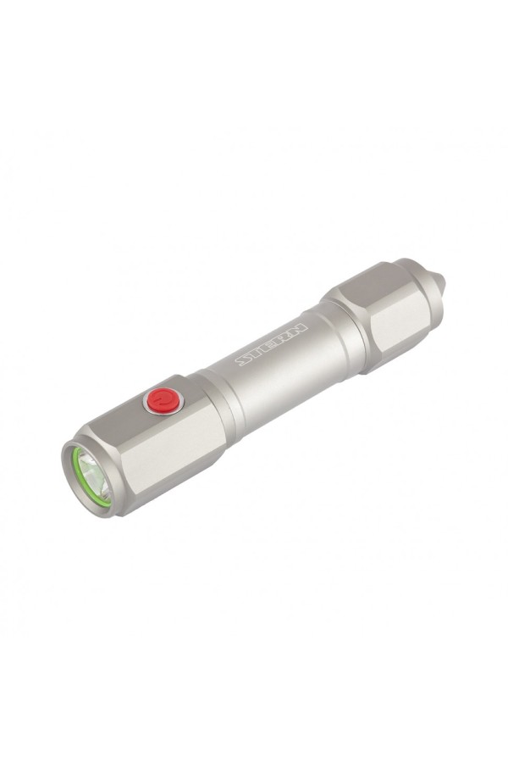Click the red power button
[x=160, y=400]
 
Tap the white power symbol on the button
[x=163, y=398]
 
